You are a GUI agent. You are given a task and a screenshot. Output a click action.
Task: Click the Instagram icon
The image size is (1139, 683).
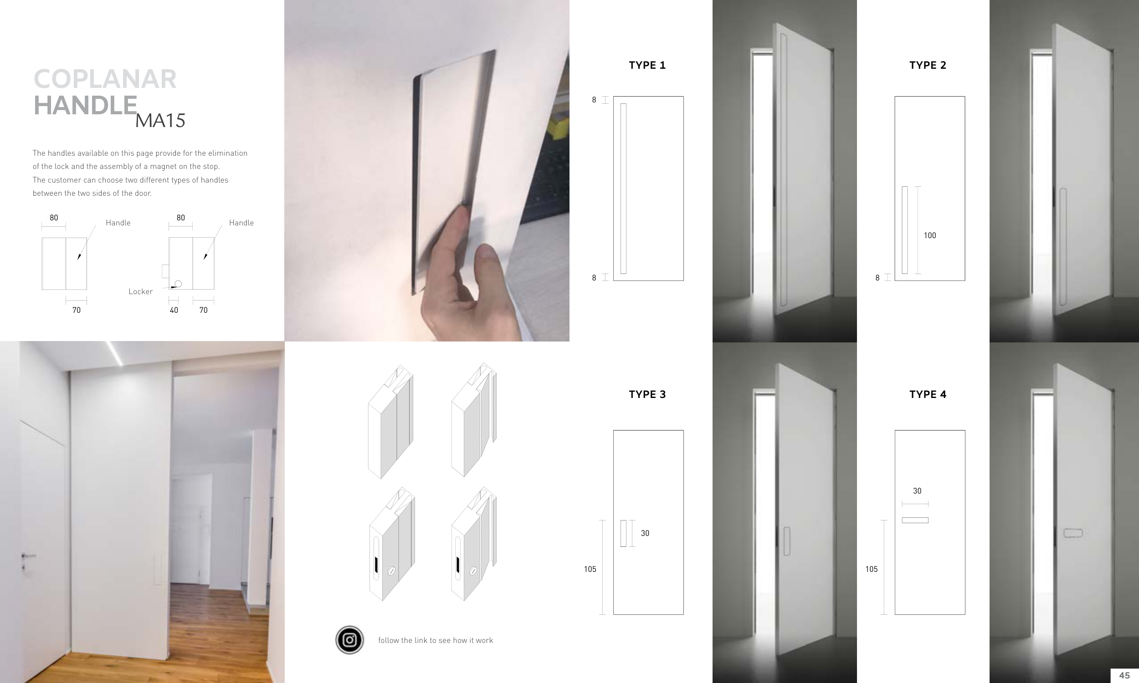coord(349,640)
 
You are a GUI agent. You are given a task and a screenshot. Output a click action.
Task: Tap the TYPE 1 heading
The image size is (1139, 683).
coord(647,66)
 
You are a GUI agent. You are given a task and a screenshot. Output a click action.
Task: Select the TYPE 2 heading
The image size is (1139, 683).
coord(928,66)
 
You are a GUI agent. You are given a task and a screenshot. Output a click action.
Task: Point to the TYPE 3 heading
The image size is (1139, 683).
coord(647,394)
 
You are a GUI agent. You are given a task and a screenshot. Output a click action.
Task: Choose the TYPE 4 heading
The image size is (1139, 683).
coord(928,394)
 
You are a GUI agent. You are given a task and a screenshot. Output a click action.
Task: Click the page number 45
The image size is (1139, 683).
coord(1124,675)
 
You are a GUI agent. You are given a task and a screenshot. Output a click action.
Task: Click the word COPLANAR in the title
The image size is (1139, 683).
coord(105,79)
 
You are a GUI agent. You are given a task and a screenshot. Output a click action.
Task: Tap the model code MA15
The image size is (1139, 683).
coord(160,121)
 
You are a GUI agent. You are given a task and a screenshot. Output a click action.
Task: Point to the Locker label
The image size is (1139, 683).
coord(140,291)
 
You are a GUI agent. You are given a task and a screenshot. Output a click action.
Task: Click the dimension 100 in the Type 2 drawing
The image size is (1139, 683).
coord(930,235)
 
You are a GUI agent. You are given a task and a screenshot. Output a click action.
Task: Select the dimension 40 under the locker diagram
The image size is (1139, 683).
coord(174,310)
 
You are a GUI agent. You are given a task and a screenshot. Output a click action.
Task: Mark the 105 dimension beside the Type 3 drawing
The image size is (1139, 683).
coord(590,569)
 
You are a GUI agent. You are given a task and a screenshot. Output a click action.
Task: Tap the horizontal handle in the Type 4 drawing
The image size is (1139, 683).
coord(915,520)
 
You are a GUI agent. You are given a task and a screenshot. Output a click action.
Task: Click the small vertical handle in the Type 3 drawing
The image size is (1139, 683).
coord(623,533)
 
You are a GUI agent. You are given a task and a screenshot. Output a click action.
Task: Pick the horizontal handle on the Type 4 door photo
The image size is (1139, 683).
coord(1072,533)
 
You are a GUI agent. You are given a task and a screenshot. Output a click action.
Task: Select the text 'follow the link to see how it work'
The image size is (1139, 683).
coord(436,640)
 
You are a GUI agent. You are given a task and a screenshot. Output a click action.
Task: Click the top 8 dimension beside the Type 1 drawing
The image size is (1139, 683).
coord(594,100)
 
